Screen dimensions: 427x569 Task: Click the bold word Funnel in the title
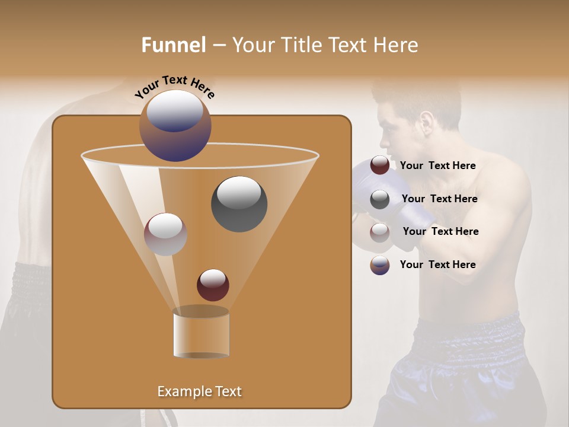[x=174, y=45]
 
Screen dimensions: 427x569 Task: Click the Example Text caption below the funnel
[x=199, y=391]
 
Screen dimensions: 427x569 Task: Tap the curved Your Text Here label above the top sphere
[x=175, y=87]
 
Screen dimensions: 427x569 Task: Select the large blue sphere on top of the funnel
[x=175, y=125]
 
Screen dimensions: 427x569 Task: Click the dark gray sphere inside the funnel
[x=239, y=203]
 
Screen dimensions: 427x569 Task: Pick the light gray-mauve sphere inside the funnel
[x=165, y=234]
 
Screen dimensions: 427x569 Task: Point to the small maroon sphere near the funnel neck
[x=213, y=285]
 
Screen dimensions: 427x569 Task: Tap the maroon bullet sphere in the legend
[x=380, y=165]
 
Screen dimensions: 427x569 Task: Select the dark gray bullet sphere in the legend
[x=380, y=199]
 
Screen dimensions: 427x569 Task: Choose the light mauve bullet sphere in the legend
[x=380, y=232]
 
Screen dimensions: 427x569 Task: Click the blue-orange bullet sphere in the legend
[x=380, y=265]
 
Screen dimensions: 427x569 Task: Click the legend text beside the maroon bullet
[x=437, y=166]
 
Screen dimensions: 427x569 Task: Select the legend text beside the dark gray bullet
[x=439, y=199]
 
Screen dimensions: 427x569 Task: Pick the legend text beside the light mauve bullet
[x=440, y=232]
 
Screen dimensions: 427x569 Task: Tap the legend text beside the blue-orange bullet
[x=437, y=265]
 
